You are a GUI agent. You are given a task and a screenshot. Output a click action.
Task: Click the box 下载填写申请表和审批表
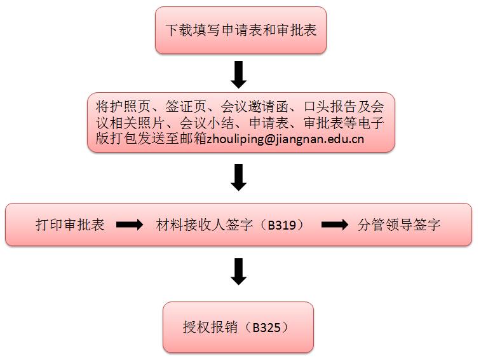[241, 30]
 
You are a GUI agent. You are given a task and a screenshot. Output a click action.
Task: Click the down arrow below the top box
[238, 74]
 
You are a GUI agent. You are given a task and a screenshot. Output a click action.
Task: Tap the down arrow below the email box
[238, 177]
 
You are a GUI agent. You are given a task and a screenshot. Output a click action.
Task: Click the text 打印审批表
[71, 225]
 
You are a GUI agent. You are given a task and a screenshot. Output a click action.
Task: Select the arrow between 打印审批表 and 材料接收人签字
[130, 225]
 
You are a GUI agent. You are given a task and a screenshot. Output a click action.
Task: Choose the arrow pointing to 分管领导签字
[335, 225]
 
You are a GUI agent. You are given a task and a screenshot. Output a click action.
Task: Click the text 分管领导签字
[399, 225]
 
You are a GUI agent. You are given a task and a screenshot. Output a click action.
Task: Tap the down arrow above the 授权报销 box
[238, 272]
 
